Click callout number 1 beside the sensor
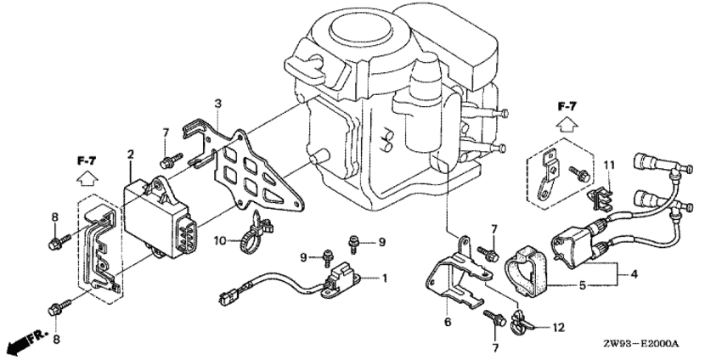pyautogui.click(x=384, y=278)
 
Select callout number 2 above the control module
pyautogui.click(x=131, y=155)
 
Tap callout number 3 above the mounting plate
pyautogui.click(x=217, y=104)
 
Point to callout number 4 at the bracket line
pyautogui.click(x=634, y=275)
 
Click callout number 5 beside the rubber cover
pyautogui.click(x=583, y=285)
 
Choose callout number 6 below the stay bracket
pyautogui.click(x=448, y=322)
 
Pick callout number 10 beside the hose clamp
pyautogui.click(x=220, y=240)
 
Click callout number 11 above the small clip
pyautogui.click(x=609, y=165)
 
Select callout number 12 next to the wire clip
pyautogui.click(x=558, y=328)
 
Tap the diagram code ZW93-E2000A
pyautogui.click(x=641, y=344)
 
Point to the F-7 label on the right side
pyautogui.click(x=567, y=107)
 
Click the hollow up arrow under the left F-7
pyautogui.click(x=86, y=177)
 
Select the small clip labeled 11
pyautogui.click(x=601, y=198)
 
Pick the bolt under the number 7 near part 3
pyautogui.click(x=171, y=160)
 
